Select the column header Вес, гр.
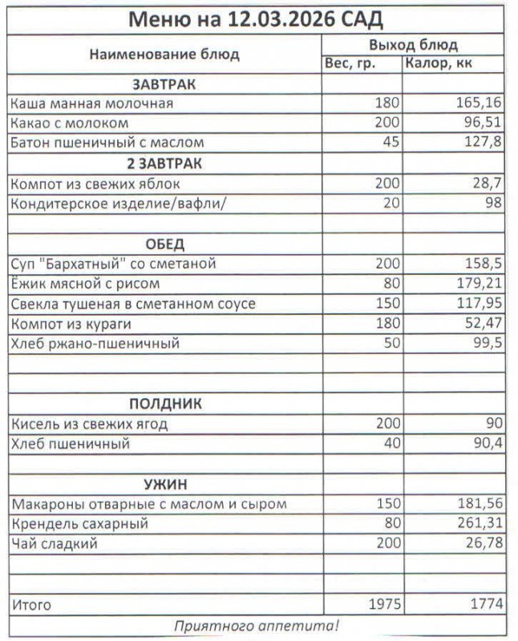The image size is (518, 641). click(x=349, y=64)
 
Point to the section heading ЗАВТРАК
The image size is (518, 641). click(x=164, y=84)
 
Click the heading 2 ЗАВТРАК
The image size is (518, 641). click(x=164, y=163)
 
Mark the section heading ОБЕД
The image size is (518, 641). click(x=164, y=244)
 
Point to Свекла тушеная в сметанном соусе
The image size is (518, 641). click(x=133, y=304)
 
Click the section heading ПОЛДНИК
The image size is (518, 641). click(x=164, y=404)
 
